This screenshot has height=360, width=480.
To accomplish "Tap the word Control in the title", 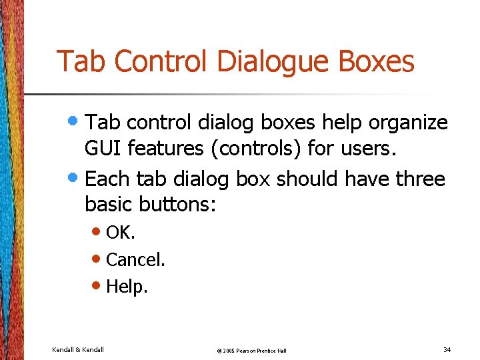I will tap(164, 62).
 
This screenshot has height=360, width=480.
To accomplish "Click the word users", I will tap(371, 149).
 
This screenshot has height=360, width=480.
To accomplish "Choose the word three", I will tap(420, 179).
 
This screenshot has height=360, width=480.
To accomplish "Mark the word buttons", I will tap(175, 205).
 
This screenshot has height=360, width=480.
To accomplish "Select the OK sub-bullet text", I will tap(120, 233).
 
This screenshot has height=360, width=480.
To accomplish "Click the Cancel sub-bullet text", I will tap(135, 259).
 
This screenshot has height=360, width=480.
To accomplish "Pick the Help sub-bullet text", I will tap(127, 287).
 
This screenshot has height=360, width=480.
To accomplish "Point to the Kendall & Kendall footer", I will tap(78, 349).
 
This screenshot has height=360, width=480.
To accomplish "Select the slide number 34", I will tap(446, 349).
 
